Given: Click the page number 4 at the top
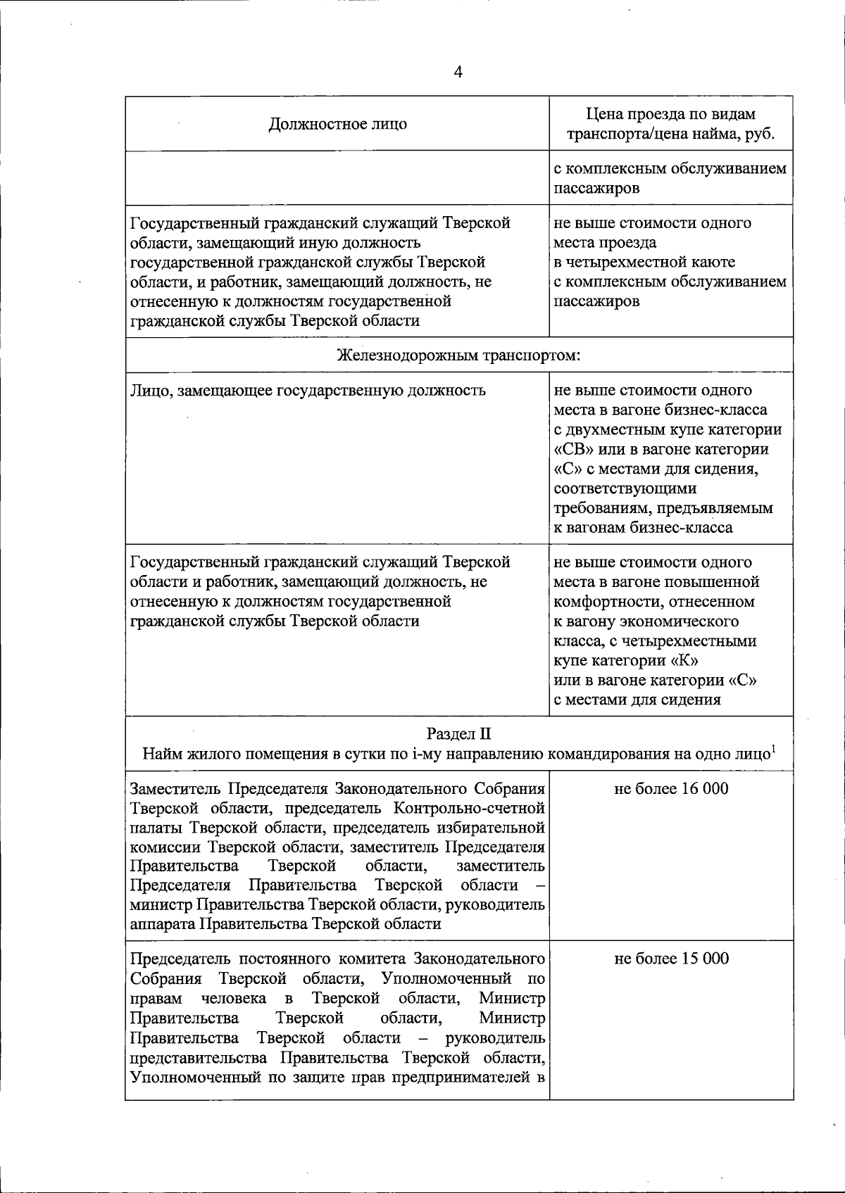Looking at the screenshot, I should [x=458, y=72].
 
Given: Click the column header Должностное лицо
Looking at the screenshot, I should [x=338, y=125].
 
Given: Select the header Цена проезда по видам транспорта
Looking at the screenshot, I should [x=670, y=115].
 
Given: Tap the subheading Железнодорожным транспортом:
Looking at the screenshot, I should [x=458, y=355].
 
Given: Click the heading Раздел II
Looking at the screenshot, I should [x=458, y=735].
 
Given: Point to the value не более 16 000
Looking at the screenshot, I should [x=671, y=789].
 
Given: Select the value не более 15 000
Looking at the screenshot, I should [x=671, y=959].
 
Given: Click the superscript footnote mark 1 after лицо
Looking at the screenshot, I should [x=773, y=749].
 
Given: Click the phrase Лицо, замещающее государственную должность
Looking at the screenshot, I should [x=308, y=391].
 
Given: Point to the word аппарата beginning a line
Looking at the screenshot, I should [x=163, y=924].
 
